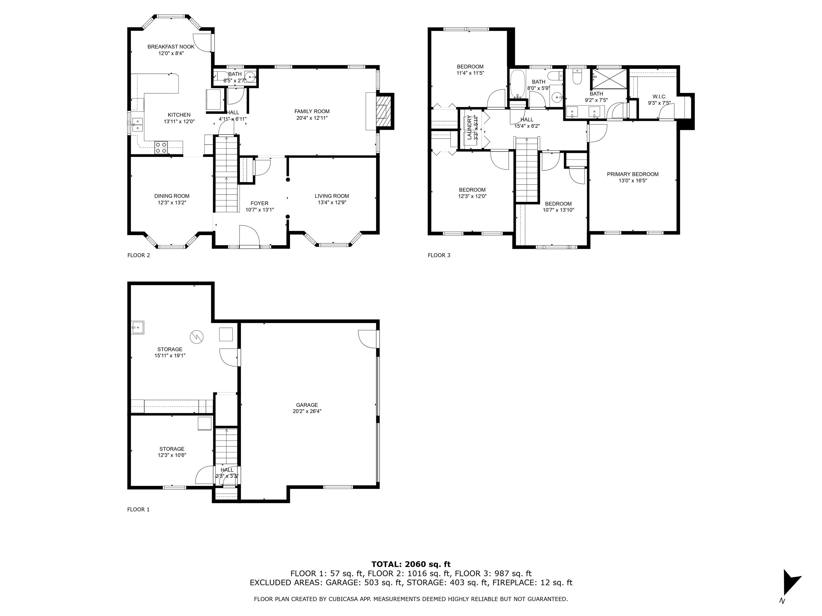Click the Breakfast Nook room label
pyautogui.click(x=171, y=47)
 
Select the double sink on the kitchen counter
pyautogui.click(x=137, y=124)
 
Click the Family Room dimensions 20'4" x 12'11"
pyautogui.click(x=311, y=118)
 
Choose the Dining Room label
pyautogui.click(x=172, y=196)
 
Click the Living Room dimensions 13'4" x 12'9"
pyautogui.click(x=332, y=203)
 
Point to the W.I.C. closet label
pyautogui.click(x=659, y=97)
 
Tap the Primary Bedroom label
pyautogui.click(x=633, y=174)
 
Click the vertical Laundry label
pyautogui.click(x=469, y=127)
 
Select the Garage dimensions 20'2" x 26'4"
pyautogui.click(x=307, y=411)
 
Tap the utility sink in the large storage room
pyautogui.click(x=138, y=328)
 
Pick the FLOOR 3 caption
pyautogui.click(x=439, y=255)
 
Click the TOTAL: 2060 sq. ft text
pyautogui.click(x=411, y=564)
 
